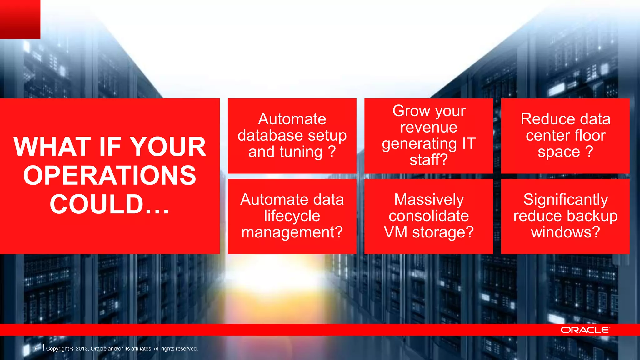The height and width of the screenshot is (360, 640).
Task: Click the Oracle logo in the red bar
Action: point(585,330)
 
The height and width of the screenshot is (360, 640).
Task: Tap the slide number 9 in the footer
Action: point(36,348)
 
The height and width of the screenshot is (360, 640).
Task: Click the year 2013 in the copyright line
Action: point(82,349)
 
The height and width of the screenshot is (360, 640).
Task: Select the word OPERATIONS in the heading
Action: point(110,175)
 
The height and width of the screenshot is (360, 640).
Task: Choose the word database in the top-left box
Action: point(266,135)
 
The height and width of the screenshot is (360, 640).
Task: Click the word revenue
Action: point(429,127)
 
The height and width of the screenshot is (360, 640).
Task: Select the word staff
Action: point(425,160)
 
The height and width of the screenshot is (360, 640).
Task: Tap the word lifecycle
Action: point(292,216)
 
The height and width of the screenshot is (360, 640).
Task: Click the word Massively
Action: point(429,200)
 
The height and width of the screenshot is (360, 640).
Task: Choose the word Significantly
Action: point(565,200)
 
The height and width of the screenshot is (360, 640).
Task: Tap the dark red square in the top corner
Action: point(20,19)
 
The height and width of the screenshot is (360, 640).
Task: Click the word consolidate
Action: point(429,216)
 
